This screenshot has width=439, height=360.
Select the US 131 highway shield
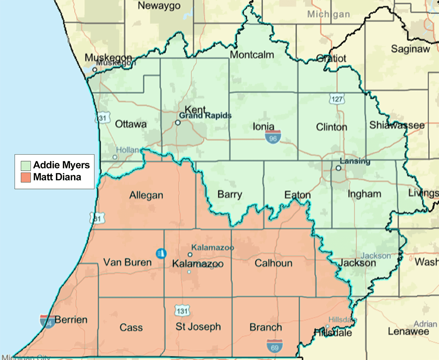[x=182, y=310]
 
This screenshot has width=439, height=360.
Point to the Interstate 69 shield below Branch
[x=274, y=346]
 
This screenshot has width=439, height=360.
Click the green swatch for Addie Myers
[x=26, y=165]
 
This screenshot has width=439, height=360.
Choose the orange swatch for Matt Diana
[x=26, y=178]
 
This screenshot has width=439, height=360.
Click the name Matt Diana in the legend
[x=57, y=178]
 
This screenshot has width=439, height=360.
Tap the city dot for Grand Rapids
[x=178, y=123]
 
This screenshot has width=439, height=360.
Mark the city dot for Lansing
[x=338, y=168]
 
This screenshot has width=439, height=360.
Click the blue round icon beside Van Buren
[x=160, y=253]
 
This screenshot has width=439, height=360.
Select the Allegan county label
[x=146, y=196]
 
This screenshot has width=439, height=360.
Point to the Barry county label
[x=229, y=194]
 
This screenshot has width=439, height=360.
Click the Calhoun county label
[x=273, y=263]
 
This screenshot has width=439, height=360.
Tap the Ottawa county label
[x=131, y=124]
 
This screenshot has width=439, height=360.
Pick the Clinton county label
[x=331, y=127]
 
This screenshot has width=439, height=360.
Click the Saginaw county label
[x=410, y=49]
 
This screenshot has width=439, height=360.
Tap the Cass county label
[x=131, y=327]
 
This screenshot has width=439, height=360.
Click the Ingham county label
[x=364, y=194]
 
